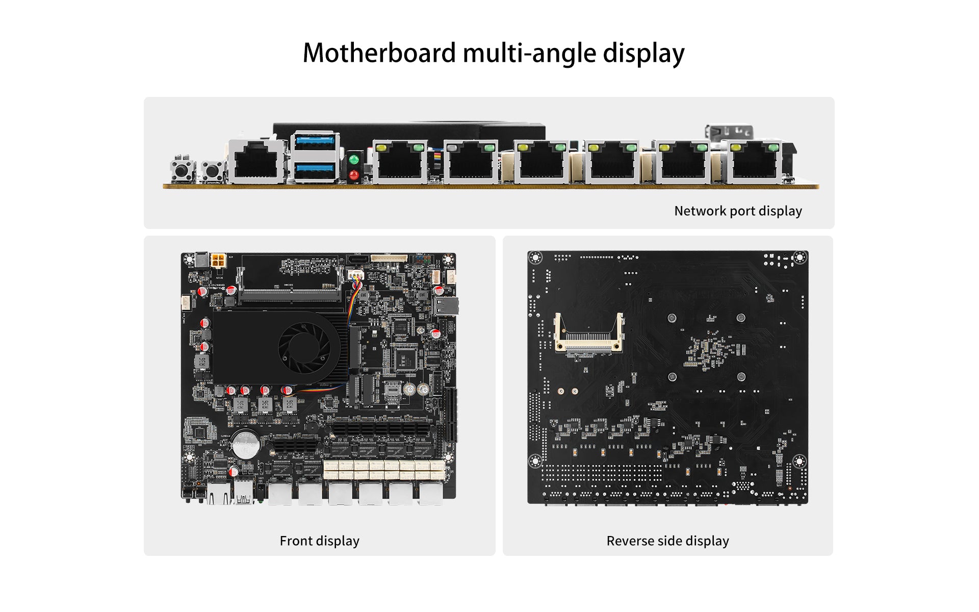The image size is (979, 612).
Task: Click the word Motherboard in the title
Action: [x=379, y=53]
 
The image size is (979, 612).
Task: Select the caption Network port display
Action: [x=738, y=211]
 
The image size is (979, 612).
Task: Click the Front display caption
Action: [x=319, y=541]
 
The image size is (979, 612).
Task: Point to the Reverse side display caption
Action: [x=667, y=541]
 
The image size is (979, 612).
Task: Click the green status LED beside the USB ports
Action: [x=354, y=160]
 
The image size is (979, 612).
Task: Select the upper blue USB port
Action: [x=315, y=141]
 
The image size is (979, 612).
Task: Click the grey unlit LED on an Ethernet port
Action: [x=452, y=148]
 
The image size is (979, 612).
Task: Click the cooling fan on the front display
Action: [x=304, y=348]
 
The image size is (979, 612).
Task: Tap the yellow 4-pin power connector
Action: [x=218, y=261]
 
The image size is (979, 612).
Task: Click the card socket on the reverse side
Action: [x=589, y=335]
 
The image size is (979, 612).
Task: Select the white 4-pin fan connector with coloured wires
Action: [x=356, y=275]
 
